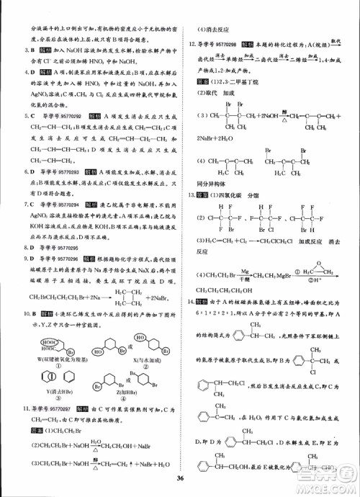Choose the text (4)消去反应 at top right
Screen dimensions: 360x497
209,31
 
